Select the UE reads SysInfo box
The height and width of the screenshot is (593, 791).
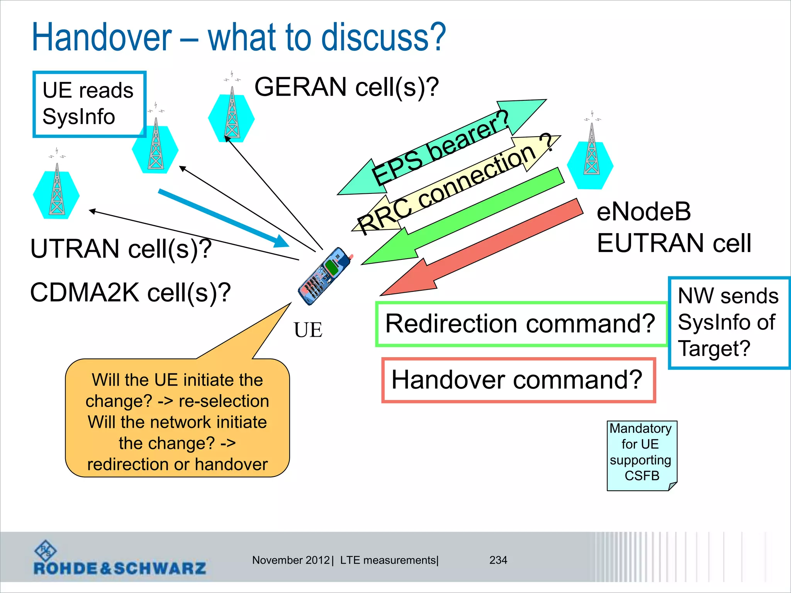coord(89,104)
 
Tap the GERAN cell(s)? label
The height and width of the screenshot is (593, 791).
coord(346,87)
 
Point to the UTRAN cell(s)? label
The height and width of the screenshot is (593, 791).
coord(121,248)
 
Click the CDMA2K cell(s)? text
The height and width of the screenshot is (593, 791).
coord(130,292)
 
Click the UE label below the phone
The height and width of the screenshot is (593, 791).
coord(308,330)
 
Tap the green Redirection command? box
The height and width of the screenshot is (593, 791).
coord(521,324)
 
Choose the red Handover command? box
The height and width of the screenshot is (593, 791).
coord(518,380)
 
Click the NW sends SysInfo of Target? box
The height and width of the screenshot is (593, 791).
coord(728,323)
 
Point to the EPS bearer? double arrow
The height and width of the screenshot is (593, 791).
coord(440,149)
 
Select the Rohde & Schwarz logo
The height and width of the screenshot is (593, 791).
coord(119,559)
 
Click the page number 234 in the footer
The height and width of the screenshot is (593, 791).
coord(498,560)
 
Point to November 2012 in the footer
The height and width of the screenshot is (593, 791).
coord(291,560)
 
